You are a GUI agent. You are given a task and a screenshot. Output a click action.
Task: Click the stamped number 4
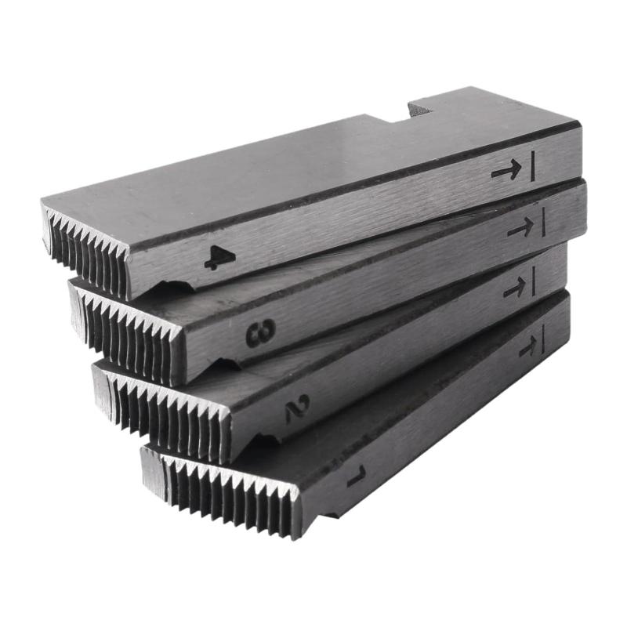[x=219, y=257]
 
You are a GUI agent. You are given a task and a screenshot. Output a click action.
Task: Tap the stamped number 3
[x=261, y=332]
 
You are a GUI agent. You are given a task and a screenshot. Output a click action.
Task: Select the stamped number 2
[x=298, y=408]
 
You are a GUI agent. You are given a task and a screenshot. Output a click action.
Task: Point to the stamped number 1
[x=357, y=476]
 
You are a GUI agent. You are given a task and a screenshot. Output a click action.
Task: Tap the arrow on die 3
[x=521, y=227]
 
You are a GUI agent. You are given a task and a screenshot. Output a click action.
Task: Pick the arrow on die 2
[x=515, y=287]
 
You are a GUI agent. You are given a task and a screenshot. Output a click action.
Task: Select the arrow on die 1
[x=528, y=346]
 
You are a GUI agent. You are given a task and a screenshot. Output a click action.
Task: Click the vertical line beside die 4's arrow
[x=532, y=166]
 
